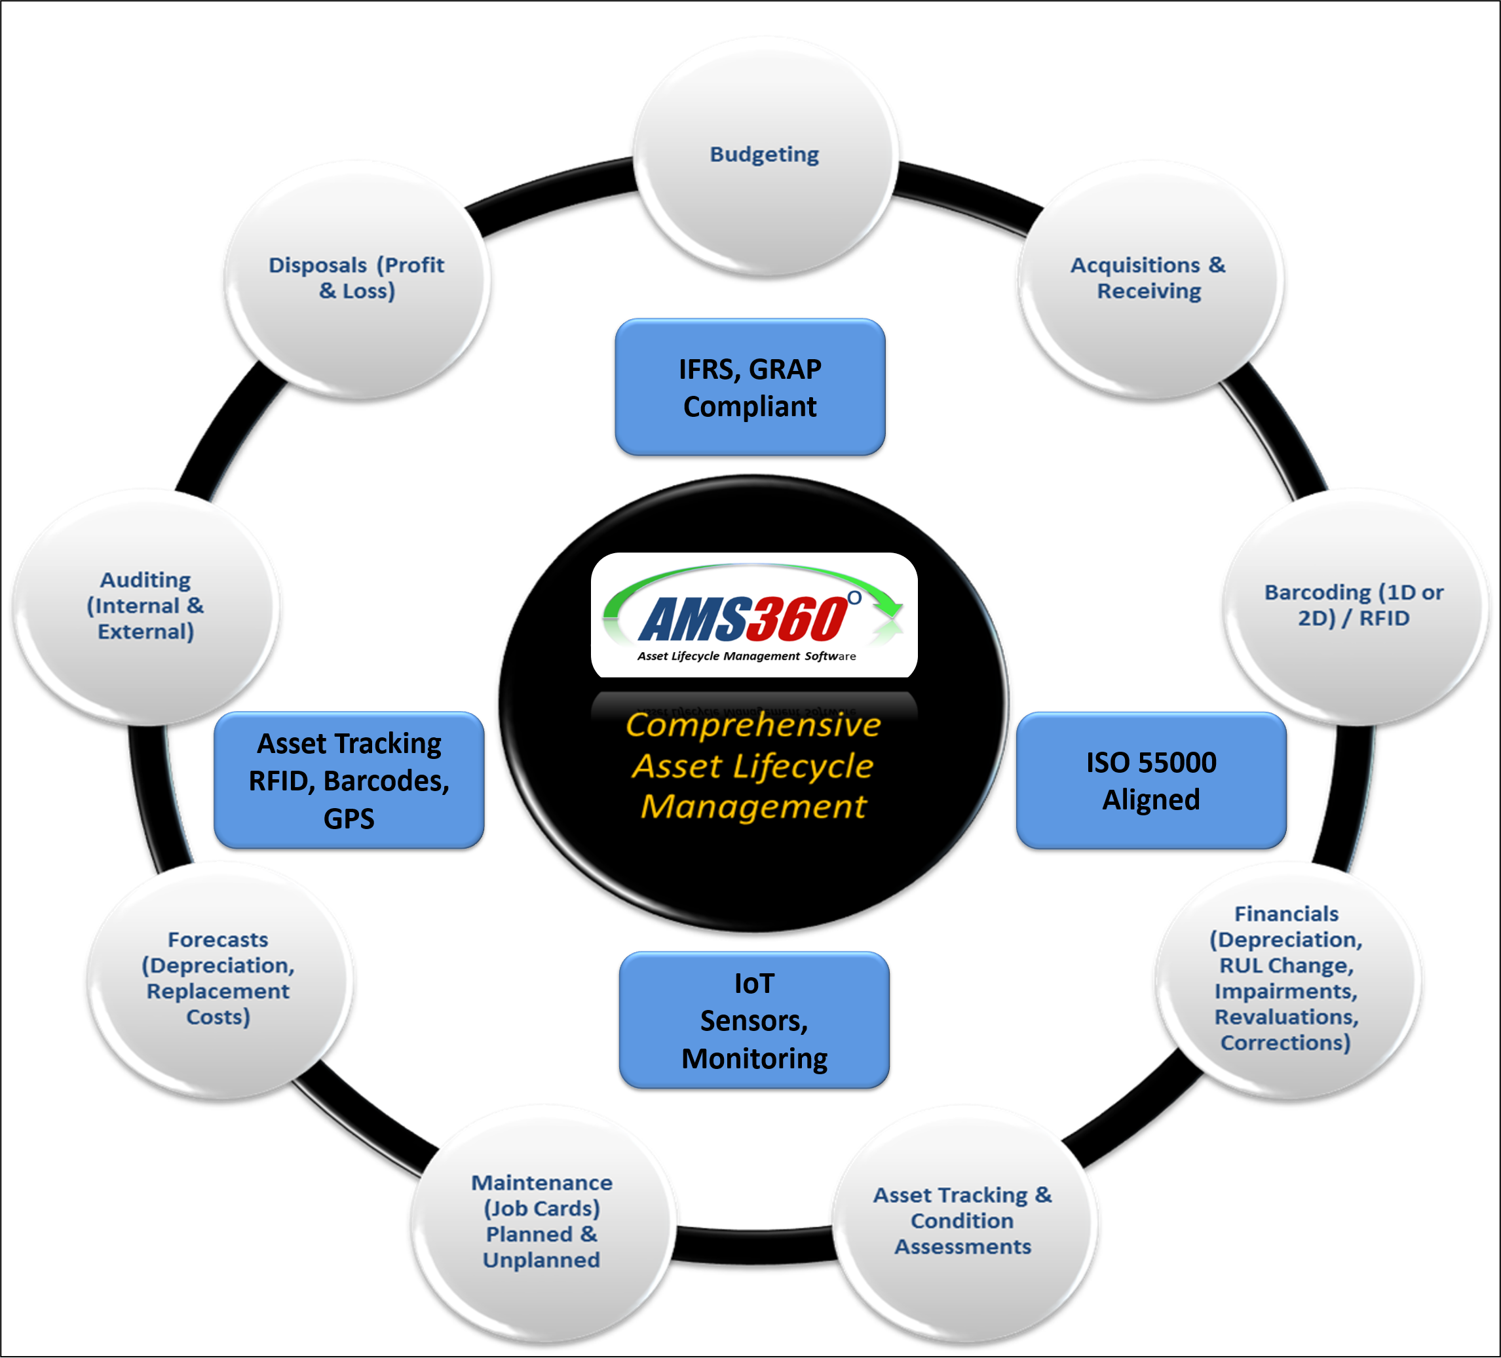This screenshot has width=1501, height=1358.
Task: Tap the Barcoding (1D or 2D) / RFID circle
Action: coord(1355,606)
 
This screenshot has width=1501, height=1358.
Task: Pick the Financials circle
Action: coord(1287,978)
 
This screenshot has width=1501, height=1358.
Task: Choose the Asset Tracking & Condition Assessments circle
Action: coord(964,1222)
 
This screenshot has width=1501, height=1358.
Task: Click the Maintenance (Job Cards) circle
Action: coord(542,1222)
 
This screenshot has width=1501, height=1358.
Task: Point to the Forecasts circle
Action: coord(219,978)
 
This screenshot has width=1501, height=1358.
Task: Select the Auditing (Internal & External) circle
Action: coord(146,606)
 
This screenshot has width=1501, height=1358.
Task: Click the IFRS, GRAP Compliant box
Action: coord(750,387)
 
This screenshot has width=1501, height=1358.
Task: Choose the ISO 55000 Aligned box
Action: coord(1151,781)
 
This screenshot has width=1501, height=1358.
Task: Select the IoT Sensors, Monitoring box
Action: coord(754,1020)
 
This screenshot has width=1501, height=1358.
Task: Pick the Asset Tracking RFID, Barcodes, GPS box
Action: coord(349,781)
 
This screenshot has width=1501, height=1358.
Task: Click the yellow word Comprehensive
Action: coord(753,725)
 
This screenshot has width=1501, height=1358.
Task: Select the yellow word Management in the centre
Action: coord(753,807)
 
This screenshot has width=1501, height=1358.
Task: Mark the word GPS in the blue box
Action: coord(349,819)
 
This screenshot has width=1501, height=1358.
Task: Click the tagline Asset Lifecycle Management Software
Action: coord(746,656)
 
